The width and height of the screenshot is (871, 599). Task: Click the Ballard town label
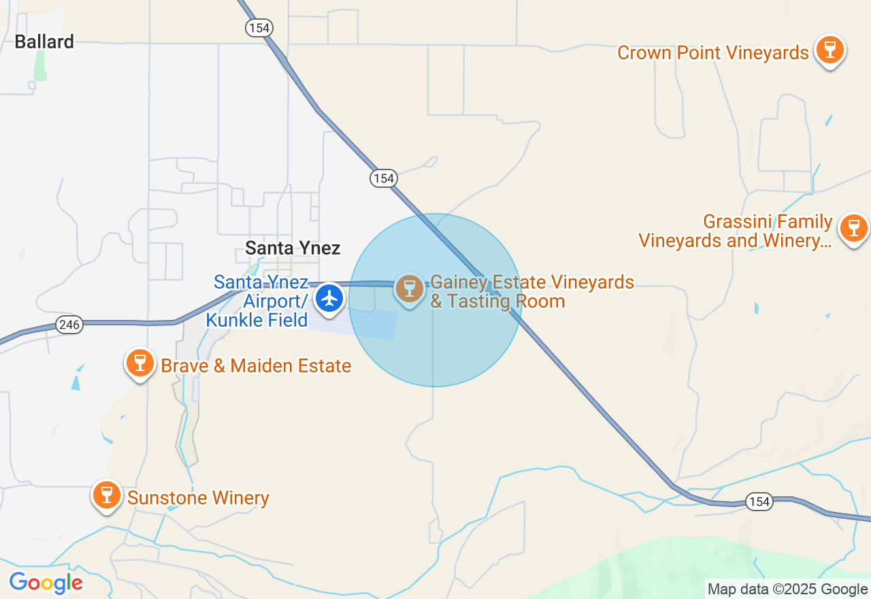pos(44,42)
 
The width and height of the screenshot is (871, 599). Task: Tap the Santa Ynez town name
pos(293,248)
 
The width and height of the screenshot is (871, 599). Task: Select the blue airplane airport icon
pos(330,298)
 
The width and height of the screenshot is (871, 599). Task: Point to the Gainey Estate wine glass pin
pos(409,289)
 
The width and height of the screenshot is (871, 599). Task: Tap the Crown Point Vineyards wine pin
pos(829,50)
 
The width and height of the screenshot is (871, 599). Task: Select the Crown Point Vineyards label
pos(712,52)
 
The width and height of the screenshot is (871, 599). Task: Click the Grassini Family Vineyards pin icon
pos(853,227)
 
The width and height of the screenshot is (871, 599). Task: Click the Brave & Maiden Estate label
pos(256,366)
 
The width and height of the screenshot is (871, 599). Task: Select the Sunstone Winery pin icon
pos(107,495)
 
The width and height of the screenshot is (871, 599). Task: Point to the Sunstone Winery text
pos(198,498)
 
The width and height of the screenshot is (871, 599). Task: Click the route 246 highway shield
pos(69,325)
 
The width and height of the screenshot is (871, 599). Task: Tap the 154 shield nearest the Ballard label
pos(259,28)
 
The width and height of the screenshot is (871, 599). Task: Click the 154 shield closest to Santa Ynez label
pos(384,178)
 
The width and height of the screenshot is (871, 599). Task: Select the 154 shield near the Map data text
pos(758,502)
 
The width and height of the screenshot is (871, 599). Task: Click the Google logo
pos(46,583)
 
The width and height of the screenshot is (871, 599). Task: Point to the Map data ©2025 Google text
pos(787,589)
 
